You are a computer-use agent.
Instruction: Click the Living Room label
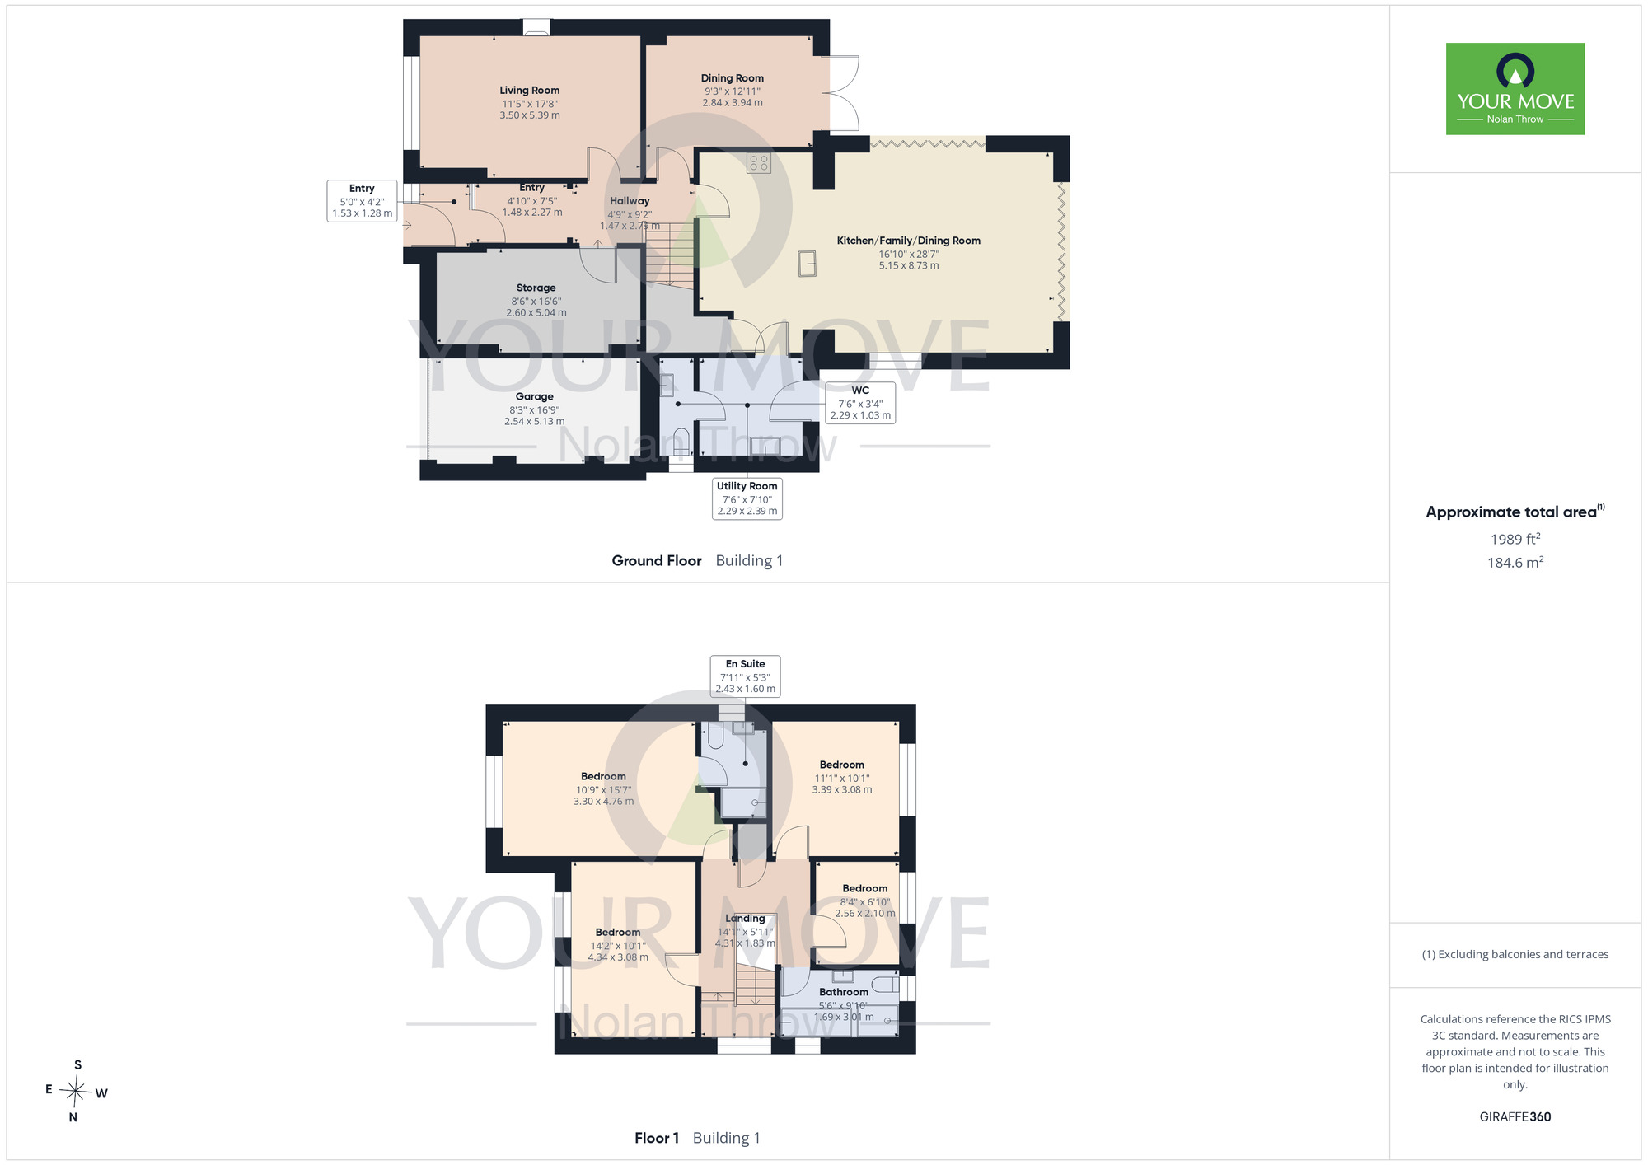[529, 91]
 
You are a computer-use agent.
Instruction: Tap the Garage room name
[535, 396]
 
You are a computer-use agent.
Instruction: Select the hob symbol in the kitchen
[759, 162]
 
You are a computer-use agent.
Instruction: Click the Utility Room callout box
[747, 498]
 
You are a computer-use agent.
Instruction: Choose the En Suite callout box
[746, 676]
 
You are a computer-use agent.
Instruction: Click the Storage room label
[536, 288]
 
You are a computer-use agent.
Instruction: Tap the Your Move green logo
[1515, 89]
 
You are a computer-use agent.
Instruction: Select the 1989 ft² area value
[1515, 539]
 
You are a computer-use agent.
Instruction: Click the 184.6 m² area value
[1515, 563]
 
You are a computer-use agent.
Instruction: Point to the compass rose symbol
[76, 1092]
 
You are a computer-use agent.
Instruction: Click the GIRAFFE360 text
[1515, 1117]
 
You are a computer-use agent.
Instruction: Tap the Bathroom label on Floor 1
[844, 992]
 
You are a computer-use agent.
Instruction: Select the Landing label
[745, 919]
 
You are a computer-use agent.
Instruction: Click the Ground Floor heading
[657, 560]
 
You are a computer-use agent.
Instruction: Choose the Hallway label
[630, 201]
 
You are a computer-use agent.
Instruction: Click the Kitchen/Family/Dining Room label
[909, 241]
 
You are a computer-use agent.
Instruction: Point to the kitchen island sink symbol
[808, 264]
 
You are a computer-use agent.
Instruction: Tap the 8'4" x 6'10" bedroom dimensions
[865, 902]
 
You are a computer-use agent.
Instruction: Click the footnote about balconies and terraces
[1515, 954]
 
